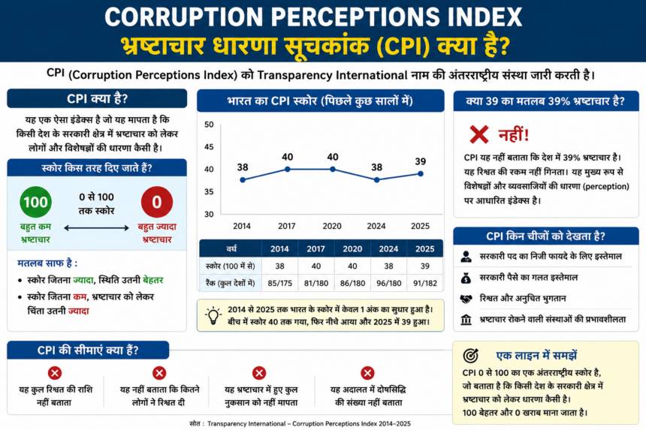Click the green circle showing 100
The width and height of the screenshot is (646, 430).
click(35, 202)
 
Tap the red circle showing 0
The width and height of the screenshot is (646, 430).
click(156, 202)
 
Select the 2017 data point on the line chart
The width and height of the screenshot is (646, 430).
click(288, 169)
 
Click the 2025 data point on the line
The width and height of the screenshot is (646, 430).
click(420, 173)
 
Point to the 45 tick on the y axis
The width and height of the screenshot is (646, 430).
click(209, 147)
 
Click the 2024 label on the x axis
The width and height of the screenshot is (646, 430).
click(376, 226)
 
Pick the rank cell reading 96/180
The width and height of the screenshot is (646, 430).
click(388, 283)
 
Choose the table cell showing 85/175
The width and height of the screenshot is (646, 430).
click(279, 283)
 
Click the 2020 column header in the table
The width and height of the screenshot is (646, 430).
click(352, 248)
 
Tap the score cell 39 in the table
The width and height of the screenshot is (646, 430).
click(424, 266)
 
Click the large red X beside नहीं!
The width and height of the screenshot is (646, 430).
click(478, 134)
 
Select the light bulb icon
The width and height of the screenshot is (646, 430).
click(213, 316)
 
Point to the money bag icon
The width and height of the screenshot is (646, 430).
click(466, 278)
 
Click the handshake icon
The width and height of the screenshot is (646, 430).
click(466, 299)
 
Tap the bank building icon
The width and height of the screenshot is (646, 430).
click(466, 320)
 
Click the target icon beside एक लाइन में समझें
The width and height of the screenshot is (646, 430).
click(470, 355)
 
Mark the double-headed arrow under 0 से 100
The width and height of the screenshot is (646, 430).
click(96, 228)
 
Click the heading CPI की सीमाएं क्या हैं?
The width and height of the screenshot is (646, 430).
click(88, 350)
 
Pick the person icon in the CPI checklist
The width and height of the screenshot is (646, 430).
click(466, 257)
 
